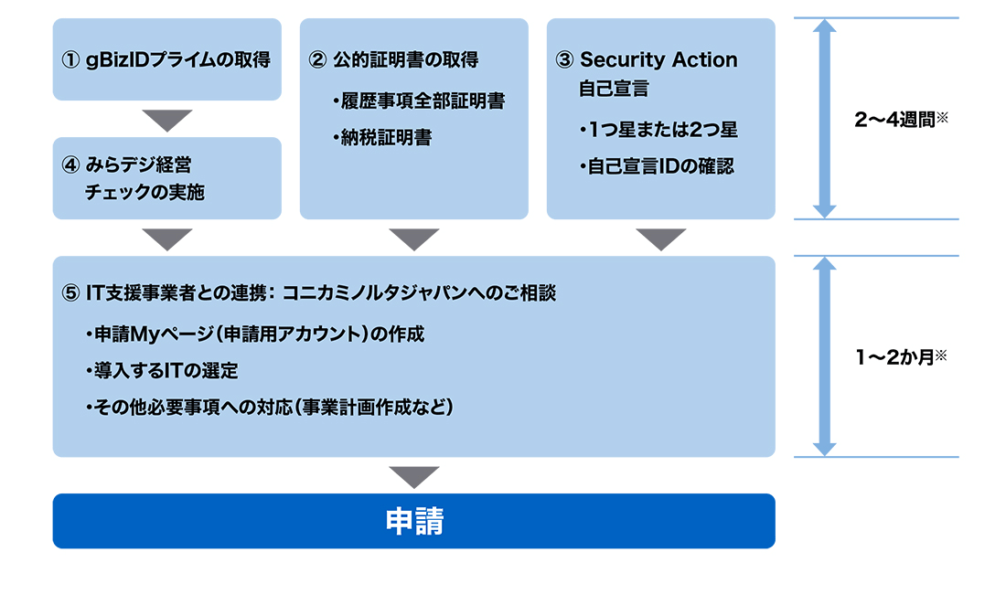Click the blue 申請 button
(x=413, y=521)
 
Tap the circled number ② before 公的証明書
(x=317, y=60)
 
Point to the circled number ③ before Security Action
(x=564, y=60)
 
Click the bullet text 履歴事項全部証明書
(x=423, y=101)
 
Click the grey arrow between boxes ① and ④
(x=167, y=120)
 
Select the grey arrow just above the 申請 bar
(x=413, y=476)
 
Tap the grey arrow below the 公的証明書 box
(x=413, y=239)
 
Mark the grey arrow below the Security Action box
(x=660, y=239)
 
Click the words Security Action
(x=658, y=60)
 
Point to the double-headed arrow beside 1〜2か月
(x=825, y=356)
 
